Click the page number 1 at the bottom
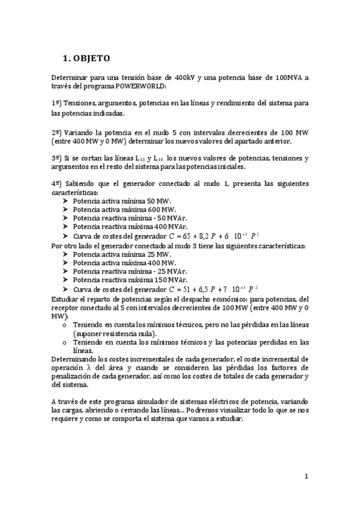click(306, 476)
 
